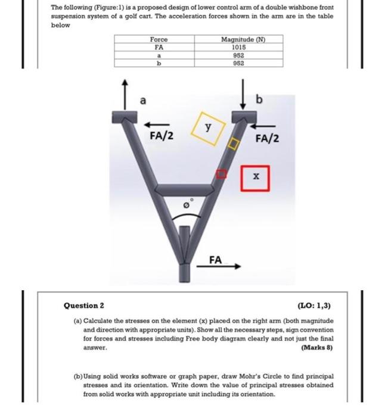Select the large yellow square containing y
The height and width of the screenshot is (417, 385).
207,127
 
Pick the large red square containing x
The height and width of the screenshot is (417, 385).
255,177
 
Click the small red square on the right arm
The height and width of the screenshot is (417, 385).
221,173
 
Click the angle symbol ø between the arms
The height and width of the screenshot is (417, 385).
187,205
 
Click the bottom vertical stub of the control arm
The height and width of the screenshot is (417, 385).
184,272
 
